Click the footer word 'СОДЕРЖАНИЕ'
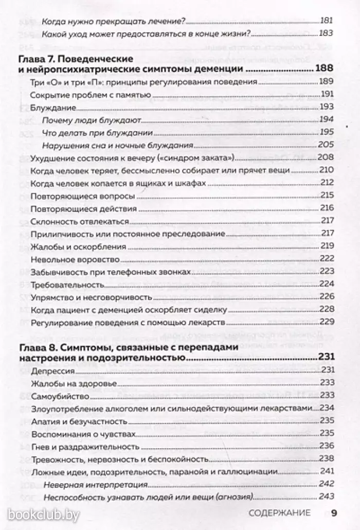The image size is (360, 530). (278, 513)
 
